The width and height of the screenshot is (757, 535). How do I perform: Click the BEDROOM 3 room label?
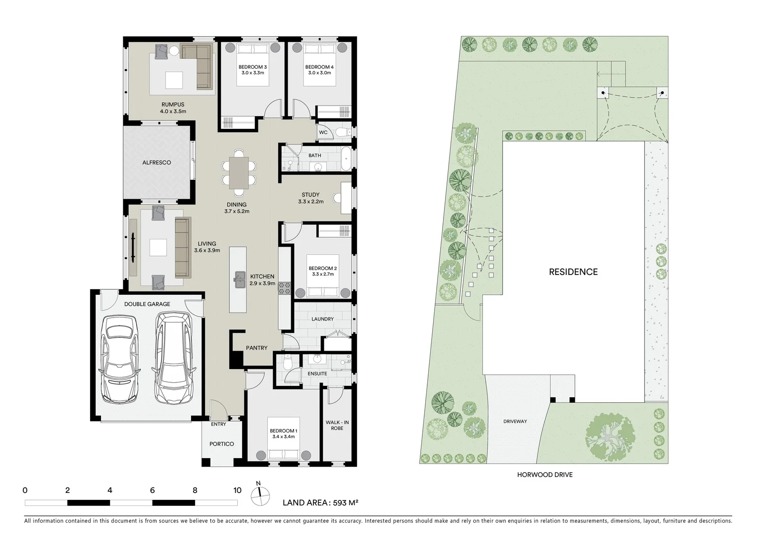point(252,67)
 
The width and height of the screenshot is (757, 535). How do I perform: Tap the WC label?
point(323,133)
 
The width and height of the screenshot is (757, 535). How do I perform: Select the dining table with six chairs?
point(239,172)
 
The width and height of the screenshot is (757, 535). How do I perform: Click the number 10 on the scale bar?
point(237,490)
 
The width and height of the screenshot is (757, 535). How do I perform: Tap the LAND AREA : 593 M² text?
point(320,502)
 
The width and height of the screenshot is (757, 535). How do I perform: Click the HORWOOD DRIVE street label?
point(545,475)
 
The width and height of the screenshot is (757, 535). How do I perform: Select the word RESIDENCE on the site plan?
point(573,272)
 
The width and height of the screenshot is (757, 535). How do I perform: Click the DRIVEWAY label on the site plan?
point(515,422)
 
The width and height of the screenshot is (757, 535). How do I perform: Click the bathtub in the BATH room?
point(346,158)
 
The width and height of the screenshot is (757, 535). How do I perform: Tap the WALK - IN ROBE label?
point(337,425)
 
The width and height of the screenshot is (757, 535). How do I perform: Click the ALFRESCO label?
point(156,162)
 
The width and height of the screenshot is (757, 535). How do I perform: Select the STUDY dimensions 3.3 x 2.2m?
point(310,202)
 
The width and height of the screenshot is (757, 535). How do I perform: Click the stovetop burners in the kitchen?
point(285,288)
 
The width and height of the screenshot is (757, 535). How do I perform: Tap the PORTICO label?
point(221,444)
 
